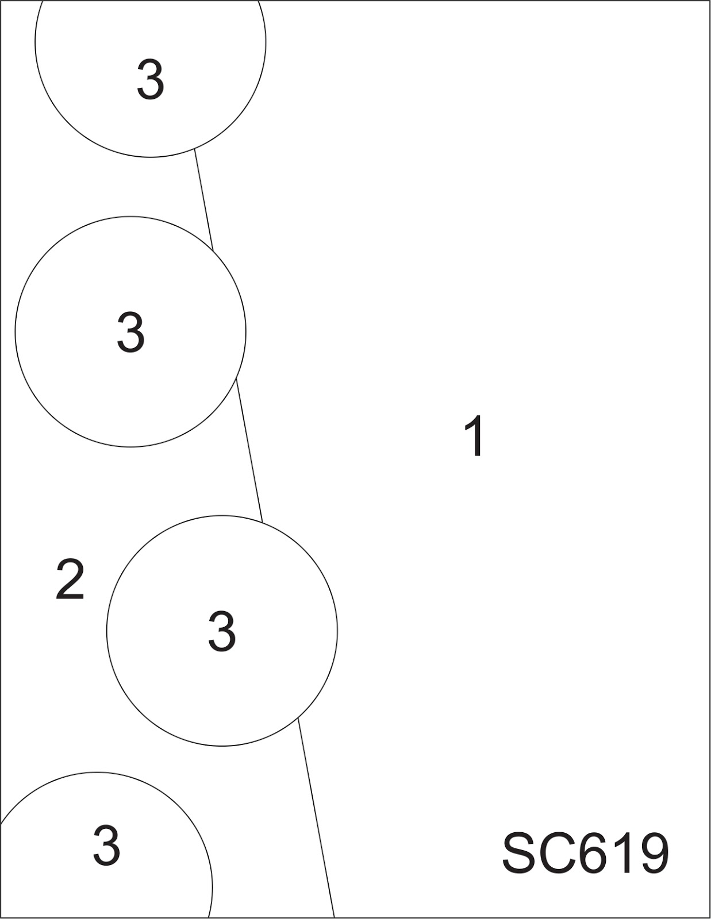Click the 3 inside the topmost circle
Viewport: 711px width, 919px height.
tap(150, 80)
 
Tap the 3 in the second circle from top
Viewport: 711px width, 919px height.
tap(130, 332)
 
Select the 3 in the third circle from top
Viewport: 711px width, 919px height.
tap(222, 631)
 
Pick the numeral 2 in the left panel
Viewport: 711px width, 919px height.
tap(70, 580)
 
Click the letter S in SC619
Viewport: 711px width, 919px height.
tap(520, 854)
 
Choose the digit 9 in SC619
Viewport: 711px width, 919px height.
tap(652, 854)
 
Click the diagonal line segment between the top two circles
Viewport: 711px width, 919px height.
tap(203, 199)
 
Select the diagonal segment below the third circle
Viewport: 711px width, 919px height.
tap(316, 818)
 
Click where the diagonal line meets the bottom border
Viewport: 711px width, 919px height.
tap(334, 917)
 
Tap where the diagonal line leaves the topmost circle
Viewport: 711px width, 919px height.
tap(194, 148)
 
